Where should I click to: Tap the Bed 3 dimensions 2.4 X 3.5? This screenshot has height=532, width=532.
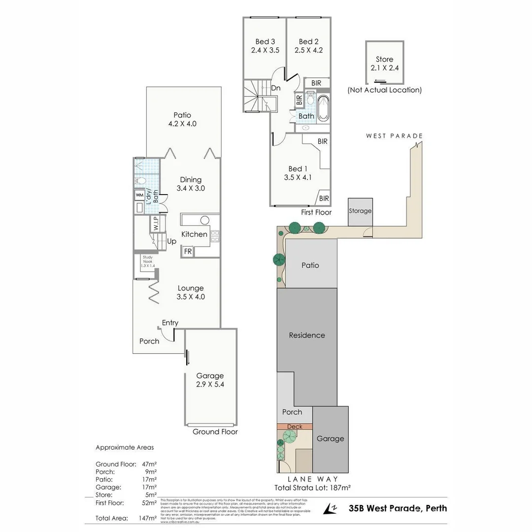click(x=265, y=50)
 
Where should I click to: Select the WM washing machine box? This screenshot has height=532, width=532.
click(x=139, y=195)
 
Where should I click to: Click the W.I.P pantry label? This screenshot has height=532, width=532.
click(x=155, y=224)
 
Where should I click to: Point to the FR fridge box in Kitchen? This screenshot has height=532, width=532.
click(x=188, y=251)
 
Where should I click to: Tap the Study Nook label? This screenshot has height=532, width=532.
click(x=148, y=261)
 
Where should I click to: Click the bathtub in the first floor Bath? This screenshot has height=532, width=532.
click(x=324, y=108)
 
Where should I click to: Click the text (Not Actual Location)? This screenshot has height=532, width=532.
click(x=384, y=90)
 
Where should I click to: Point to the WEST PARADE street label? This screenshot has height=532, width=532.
click(x=394, y=136)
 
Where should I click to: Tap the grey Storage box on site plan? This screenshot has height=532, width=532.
click(x=360, y=211)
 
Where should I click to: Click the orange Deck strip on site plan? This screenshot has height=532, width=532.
click(x=295, y=427)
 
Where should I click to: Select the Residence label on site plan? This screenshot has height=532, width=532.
click(x=307, y=335)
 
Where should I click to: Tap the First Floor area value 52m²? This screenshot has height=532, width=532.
click(x=149, y=503)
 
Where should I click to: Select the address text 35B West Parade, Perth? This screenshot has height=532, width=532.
click(x=398, y=508)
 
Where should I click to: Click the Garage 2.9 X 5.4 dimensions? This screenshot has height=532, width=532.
click(x=210, y=384)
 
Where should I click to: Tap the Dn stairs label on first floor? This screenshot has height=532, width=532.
click(x=276, y=88)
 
